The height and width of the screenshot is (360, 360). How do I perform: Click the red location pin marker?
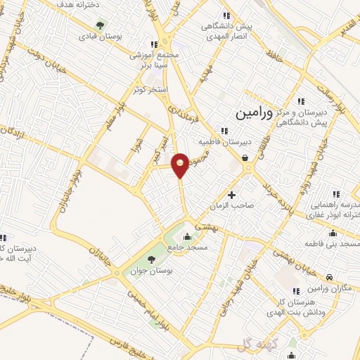tap(181, 164)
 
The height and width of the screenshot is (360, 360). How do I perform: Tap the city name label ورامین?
tap(252, 111)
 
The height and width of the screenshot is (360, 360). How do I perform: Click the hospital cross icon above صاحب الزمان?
tap(232, 194)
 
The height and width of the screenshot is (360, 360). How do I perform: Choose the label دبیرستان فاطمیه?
tap(224, 141)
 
